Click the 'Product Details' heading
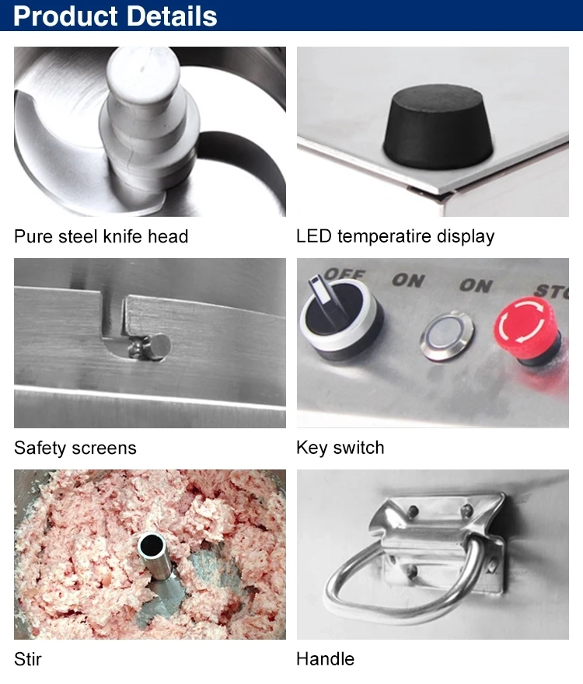(115, 16)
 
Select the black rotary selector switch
(340, 318)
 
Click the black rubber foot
(438, 127)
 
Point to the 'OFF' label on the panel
(344, 274)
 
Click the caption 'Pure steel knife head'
(101, 236)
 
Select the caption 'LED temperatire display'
(396, 236)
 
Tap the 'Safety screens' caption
(75, 448)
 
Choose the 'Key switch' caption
(340, 448)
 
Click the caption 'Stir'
(27, 658)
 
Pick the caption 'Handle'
(325, 658)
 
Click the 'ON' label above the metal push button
(476, 285)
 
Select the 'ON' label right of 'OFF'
(408, 280)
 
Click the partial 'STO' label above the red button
(552, 291)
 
